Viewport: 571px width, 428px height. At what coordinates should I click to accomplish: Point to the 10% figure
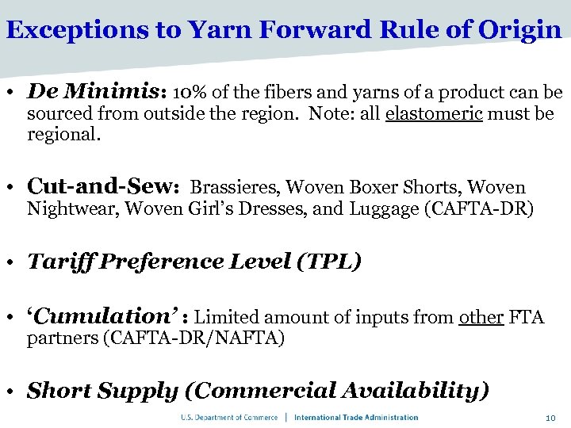(x=188, y=94)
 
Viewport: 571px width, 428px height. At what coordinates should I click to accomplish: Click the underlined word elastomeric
(x=434, y=114)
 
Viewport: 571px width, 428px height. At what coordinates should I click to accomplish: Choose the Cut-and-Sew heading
(x=104, y=186)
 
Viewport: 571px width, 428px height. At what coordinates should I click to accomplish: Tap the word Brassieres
(x=235, y=188)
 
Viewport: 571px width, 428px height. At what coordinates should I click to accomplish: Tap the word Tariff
(x=58, y=262)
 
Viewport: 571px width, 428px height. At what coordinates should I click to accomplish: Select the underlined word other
(x=481, y=318)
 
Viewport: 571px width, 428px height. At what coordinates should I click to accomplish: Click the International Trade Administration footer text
(x=357, y=418)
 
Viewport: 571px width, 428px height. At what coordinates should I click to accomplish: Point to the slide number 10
(x=550, y=418)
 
